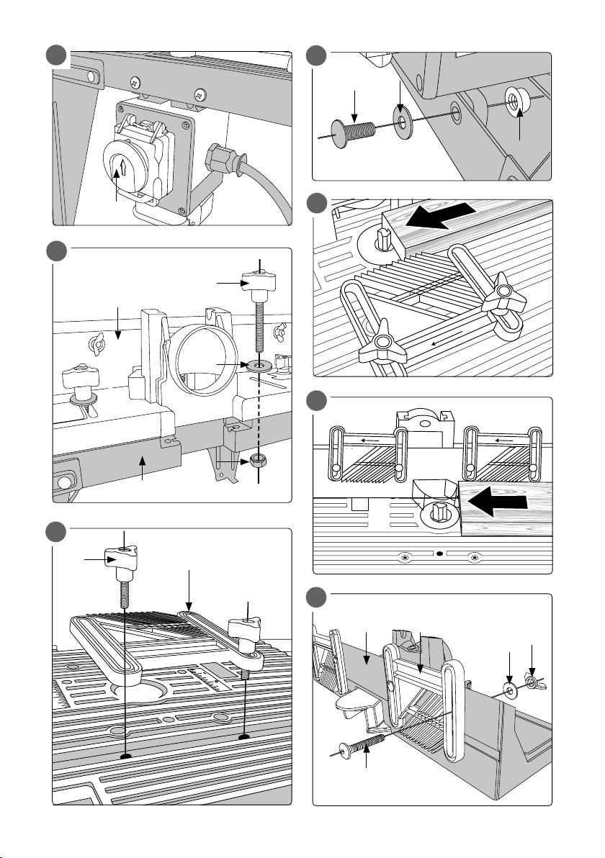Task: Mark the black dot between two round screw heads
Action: pos(439,555)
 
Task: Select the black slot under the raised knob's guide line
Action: pos(127,756)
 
